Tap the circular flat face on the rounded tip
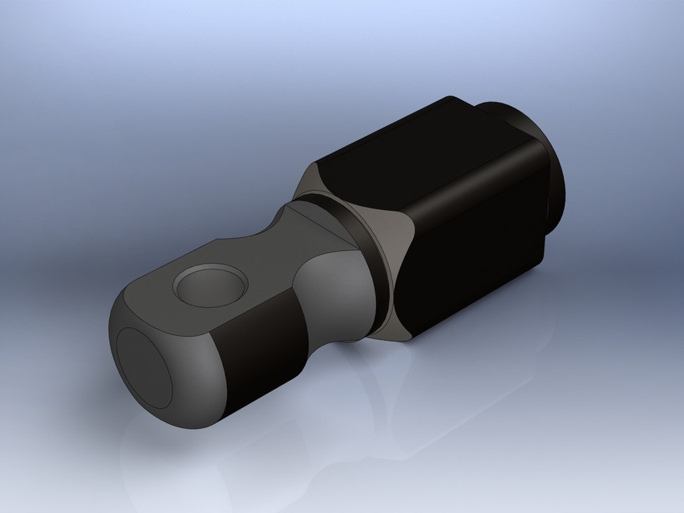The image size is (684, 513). point(144,366)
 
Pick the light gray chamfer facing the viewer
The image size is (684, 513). point(391,265)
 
